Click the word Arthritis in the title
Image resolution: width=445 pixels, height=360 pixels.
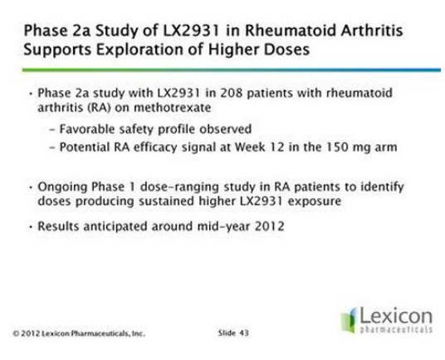coord(372,31)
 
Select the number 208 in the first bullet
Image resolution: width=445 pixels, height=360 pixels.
coord(232,93)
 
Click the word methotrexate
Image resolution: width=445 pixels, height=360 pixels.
coord(172,108)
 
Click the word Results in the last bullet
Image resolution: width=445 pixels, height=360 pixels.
coord(58,226)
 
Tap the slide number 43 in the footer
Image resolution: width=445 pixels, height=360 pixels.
coord(244,333)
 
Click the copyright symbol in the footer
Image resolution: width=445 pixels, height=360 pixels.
coord(16,333)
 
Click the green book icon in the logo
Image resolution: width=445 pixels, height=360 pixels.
coord(349,320)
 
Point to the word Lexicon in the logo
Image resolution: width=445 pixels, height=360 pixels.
coord(396,316)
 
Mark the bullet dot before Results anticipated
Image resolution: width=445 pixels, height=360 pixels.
coord(31,226)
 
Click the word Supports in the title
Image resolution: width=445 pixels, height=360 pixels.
coord(57,50)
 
